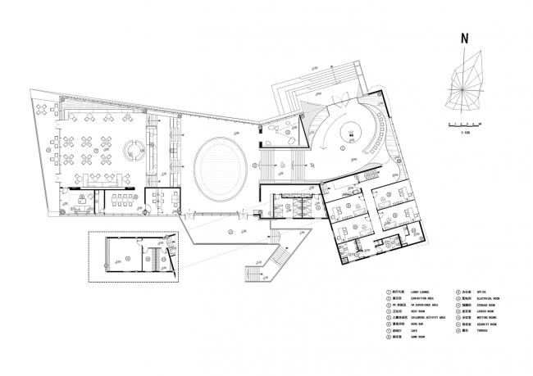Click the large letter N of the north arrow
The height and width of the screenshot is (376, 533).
pos(464,38)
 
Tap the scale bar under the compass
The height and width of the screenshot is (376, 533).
pos(465,123)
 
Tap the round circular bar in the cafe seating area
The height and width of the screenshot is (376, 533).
pos(131,148)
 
